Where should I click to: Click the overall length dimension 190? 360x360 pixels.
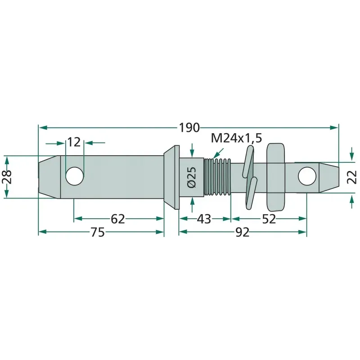189,128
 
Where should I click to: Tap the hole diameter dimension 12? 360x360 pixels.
74,142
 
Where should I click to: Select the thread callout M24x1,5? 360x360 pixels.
236,138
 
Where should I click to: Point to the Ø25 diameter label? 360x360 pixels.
192,177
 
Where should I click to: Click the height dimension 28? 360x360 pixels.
7,177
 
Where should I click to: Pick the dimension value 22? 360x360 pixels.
352,177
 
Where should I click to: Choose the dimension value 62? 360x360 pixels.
118,219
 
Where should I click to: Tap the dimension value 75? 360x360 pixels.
98,232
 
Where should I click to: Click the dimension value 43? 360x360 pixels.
204,219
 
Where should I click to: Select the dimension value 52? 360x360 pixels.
269,219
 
